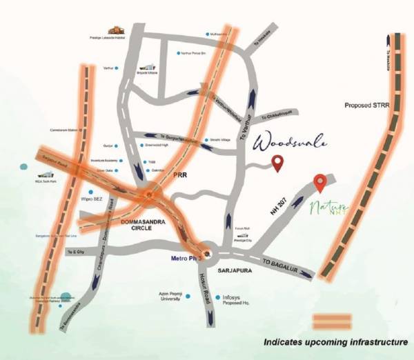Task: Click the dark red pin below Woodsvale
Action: pyautogui.click(x=277, y=163)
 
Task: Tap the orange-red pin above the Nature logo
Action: pyautogui.click(x=319, y=183)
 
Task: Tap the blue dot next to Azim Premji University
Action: pyautogui.click(x=188, y=297)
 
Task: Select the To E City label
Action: pyautogui.click(x=72, y=254)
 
